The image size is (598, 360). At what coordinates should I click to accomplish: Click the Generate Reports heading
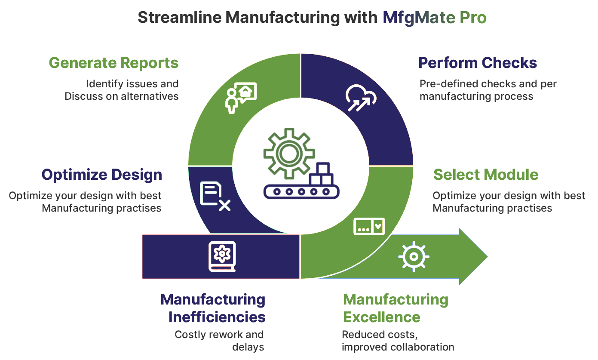[113, 63]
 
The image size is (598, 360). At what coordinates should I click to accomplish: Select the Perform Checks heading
[478, 63]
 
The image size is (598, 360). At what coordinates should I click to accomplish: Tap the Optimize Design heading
[102, 175]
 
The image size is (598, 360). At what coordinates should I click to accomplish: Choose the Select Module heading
[486, 175]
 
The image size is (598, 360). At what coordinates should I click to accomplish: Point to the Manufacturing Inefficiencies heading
[213, 308]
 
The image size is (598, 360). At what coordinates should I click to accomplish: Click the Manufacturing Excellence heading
[396, 308]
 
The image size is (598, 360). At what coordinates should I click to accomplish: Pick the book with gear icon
[222, 256]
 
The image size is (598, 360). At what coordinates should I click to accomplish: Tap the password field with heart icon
[369, 226]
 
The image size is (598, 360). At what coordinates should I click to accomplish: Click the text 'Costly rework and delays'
[219, 341]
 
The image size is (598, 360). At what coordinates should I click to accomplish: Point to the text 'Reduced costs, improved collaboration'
[398, 341]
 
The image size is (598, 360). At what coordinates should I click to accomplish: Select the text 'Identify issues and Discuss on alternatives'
[122, 90]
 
